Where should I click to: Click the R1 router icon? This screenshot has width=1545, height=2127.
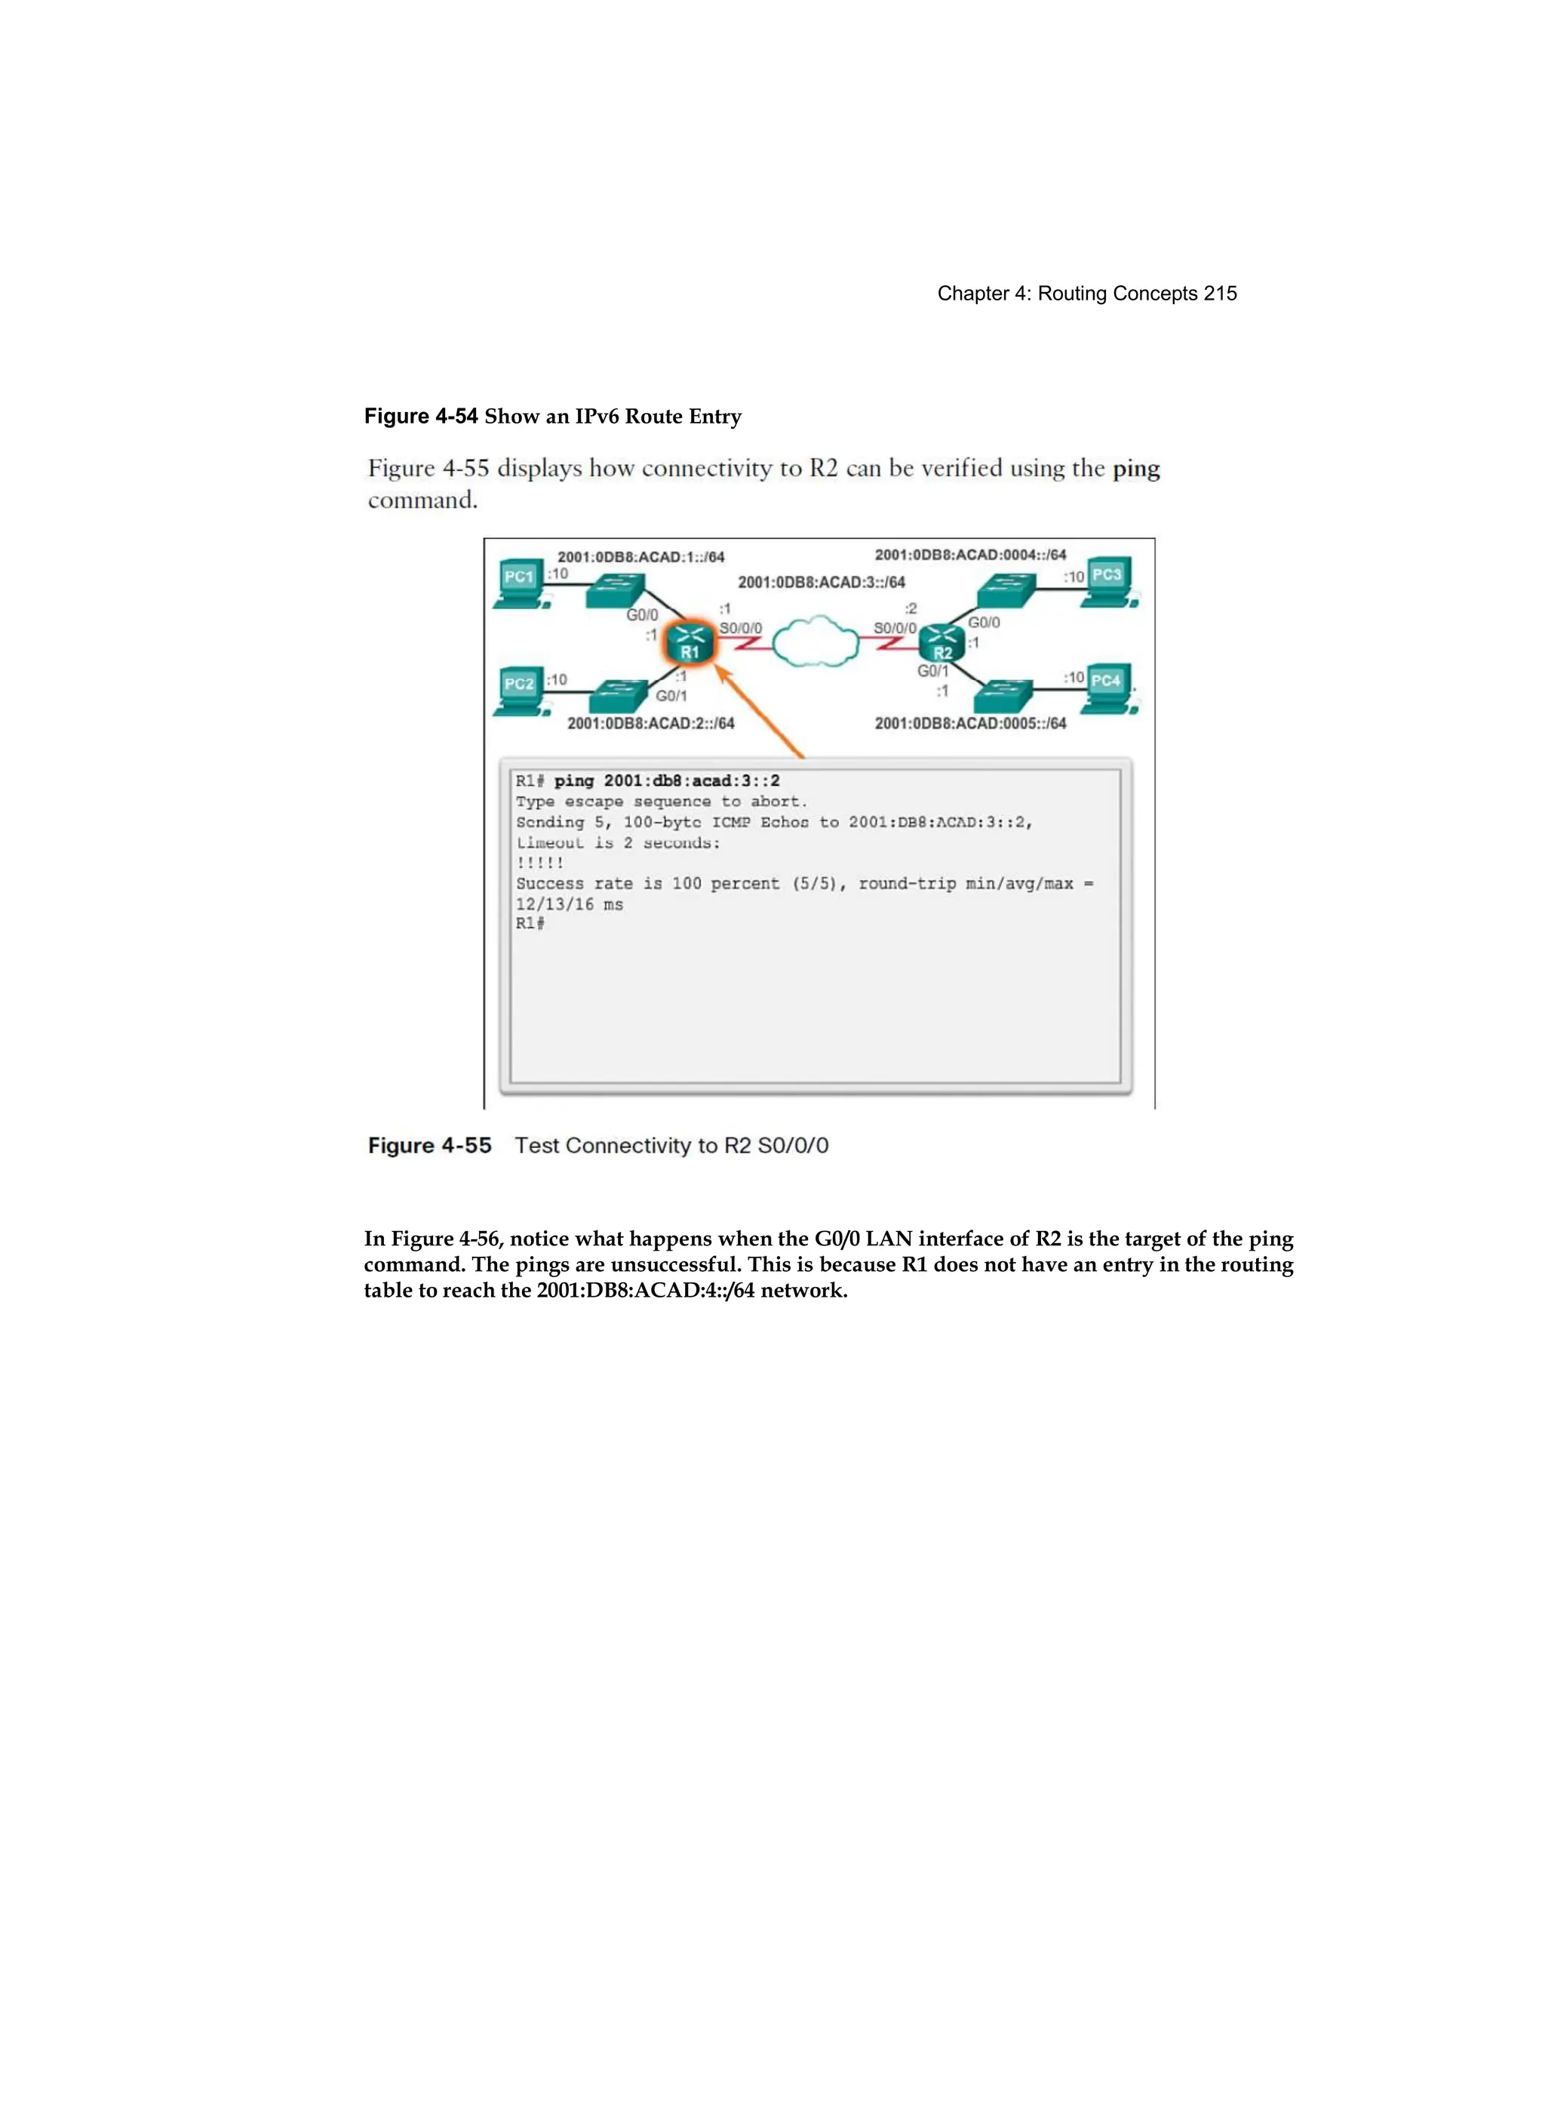[x=690, y=643]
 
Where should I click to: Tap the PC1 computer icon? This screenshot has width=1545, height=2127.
[x=519, y=583]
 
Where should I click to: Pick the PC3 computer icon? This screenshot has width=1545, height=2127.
[x=1108, y=580]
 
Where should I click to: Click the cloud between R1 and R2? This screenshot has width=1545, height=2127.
[x=816, y=642]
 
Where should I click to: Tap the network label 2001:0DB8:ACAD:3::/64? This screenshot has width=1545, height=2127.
[x=822, y=583]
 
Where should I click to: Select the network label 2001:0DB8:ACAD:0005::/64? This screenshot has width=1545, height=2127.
[x=970, y=723]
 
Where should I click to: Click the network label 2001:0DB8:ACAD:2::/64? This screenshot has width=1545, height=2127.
[x=650, y=723]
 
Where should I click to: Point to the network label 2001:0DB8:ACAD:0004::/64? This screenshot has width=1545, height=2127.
[x=970, y=556]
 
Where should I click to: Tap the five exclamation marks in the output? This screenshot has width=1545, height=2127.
[x=540, y=863]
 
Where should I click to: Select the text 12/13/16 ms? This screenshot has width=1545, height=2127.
[x=569, y=904]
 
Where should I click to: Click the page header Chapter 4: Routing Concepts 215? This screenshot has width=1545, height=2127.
[x=1086, y=294]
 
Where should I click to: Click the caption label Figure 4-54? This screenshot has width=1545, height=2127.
[x=421, y=417]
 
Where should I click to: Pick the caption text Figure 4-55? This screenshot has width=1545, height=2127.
[x=429, y=1145]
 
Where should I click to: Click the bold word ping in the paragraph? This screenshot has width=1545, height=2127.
[x=1135, y=468]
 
